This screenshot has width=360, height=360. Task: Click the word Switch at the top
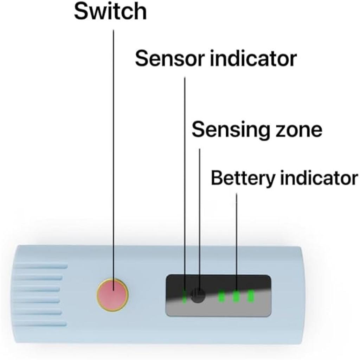click(110, 12)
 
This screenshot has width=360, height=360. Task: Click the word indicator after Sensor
click(253, 59)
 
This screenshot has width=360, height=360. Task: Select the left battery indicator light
click(221, 296)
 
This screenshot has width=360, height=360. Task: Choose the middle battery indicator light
click(236, 296)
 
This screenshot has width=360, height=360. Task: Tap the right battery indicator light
click(251, 296)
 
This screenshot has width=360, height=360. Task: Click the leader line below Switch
click(114, 141)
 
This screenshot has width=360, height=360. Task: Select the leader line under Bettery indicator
click(236, 239)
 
